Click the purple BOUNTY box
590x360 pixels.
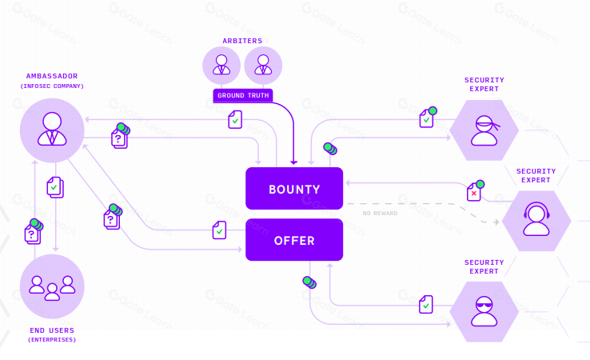point(294,189)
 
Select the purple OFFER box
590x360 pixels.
point(294,240)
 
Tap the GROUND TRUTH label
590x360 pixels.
point(243,95)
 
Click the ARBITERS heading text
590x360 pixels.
point(242,41)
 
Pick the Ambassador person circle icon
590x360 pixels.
point(52,130)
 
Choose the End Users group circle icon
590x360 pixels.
point(52,286)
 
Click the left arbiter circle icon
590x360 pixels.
point(221,66)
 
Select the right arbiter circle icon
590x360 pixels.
point(263,66)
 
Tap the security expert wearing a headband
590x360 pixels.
point(484,130)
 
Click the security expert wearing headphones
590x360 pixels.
point(536,219)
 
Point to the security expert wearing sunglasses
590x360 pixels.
point(484,311)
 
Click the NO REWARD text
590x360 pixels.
point(380,214)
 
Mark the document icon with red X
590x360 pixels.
point(474,192)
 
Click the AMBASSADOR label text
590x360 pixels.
point(52,76)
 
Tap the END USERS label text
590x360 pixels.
point(52,330)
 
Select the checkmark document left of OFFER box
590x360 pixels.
point(219,230)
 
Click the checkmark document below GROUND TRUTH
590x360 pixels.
point(235,120)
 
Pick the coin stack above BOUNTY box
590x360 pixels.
point(329,148)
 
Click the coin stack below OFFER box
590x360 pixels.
point(308,282)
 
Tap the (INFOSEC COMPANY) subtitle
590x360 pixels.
point(52,86)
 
